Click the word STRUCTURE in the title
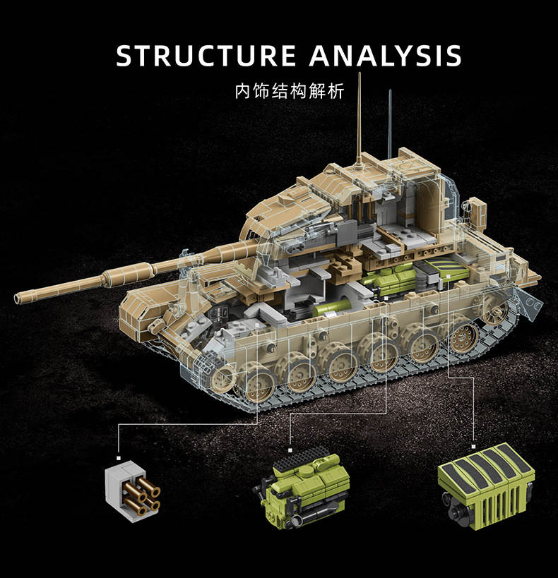[x=206, y=56]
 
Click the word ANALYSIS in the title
[x=386, y=56]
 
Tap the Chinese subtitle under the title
[x=290, y=91]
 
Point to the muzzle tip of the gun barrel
[x=17, y=298]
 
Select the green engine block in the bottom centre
[x=302, y=486]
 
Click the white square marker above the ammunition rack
[x=119, y=458]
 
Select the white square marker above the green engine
[x=290, y=450]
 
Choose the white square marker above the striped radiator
[x=473, y=447]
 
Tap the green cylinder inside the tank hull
[x=333, y=308]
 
